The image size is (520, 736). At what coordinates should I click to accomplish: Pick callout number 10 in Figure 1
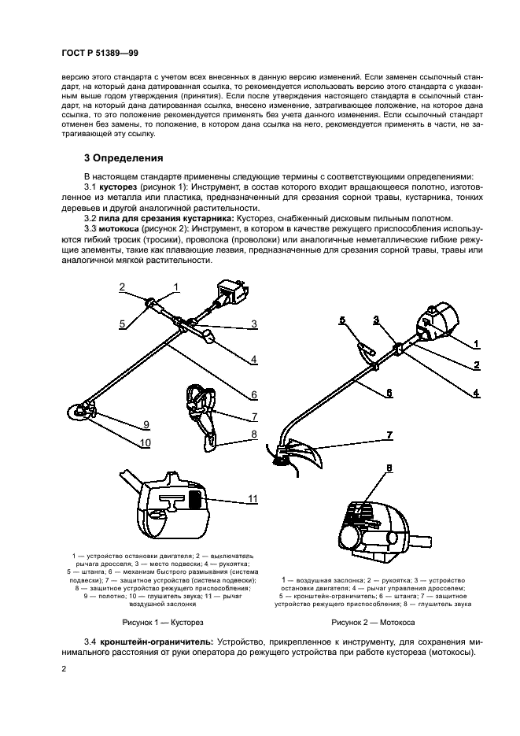point(144,442)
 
